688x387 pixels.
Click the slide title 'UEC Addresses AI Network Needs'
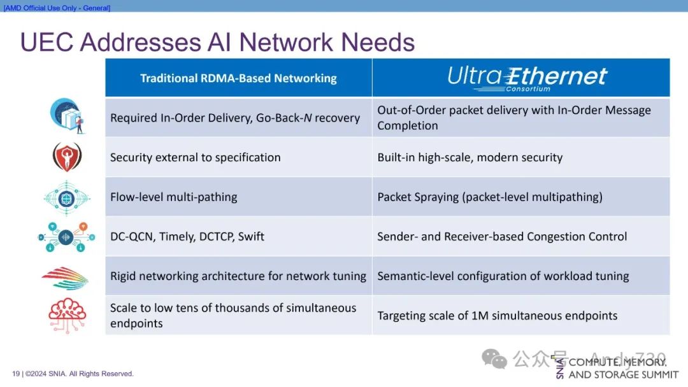click(217, 42)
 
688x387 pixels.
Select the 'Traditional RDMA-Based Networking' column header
click(238, 78)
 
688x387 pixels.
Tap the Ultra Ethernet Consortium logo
click(527, 78)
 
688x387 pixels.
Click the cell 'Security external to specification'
click(195, 157)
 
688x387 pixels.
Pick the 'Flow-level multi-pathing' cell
click(173, 197)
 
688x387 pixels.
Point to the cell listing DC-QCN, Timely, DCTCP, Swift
click(187, 236)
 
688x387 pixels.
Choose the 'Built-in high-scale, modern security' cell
click(469, 157)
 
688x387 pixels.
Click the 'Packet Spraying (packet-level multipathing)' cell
click(489, 197)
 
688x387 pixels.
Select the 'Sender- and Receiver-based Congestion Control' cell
click(502, 236)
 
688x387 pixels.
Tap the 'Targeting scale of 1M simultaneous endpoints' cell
click(497, 315)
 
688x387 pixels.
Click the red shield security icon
click(67, 157)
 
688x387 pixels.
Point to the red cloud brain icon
click(67, 316)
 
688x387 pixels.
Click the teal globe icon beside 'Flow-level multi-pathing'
click(67, 197)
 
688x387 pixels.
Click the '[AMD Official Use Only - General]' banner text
click(57, 8)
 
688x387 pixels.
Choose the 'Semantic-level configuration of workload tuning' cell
click(503, 276)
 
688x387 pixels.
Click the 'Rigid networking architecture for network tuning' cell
click(238, 276)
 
